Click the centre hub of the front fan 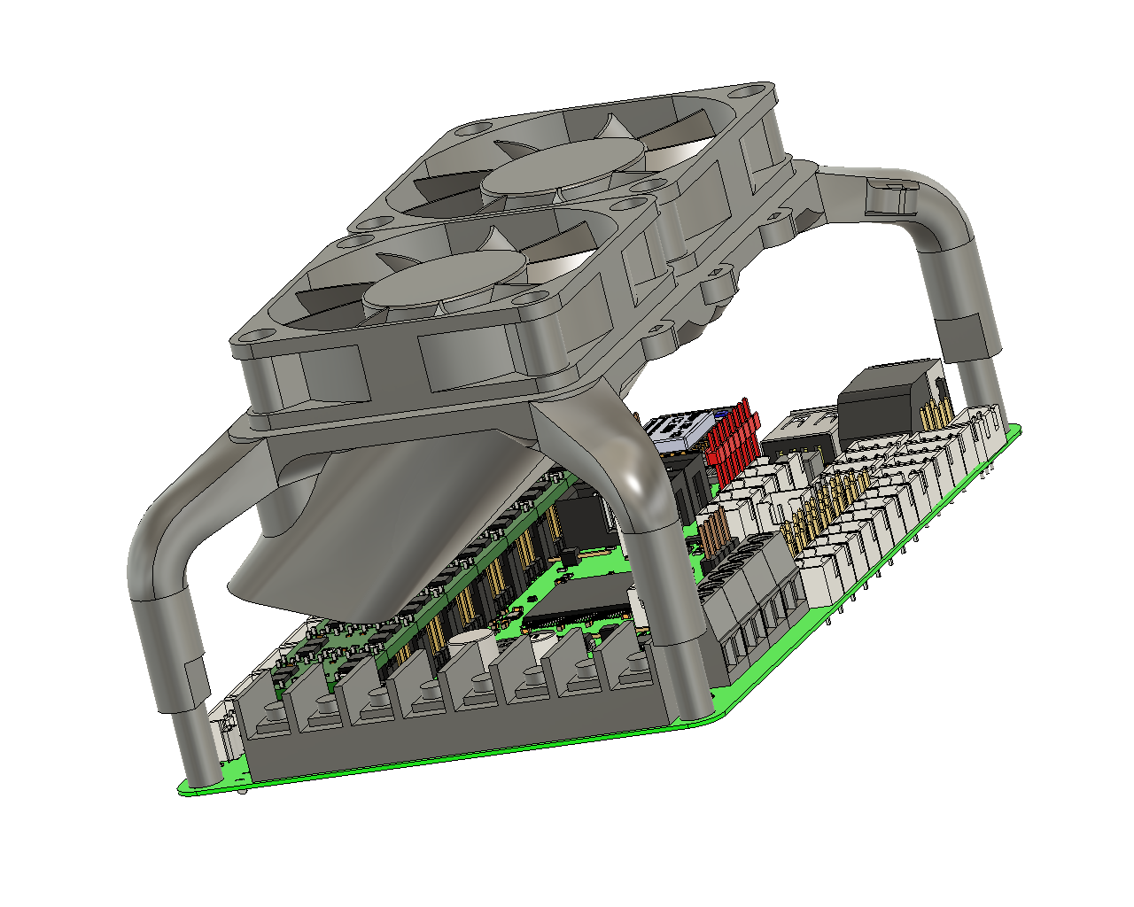point(443,282)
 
